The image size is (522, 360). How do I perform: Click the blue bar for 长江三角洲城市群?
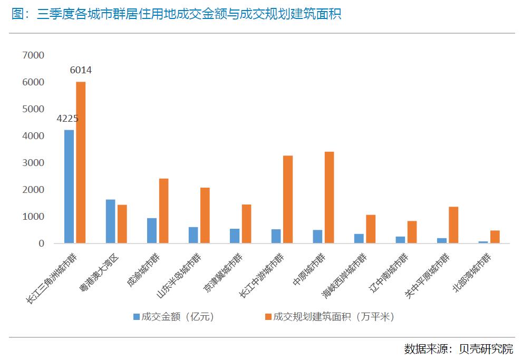tap(69, 187)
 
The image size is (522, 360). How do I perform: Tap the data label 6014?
tap(81, 70)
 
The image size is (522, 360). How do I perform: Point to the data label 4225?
tap(67, 119)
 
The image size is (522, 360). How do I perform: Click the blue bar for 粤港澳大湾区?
tap(110, 221)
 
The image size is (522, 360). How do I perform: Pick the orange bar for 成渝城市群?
tap(163, 211)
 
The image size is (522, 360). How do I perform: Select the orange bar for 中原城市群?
tap(329, 198)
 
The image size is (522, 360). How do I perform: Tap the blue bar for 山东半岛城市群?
tap(193, 235)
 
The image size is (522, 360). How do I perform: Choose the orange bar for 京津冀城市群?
tap(246, 224)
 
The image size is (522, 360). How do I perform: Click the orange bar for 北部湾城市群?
tap(495, 237)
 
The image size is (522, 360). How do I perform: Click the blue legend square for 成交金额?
tap(136, 317)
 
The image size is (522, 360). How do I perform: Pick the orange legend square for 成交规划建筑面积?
tap(268, 317)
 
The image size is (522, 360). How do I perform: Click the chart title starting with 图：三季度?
tap(176, 14)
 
